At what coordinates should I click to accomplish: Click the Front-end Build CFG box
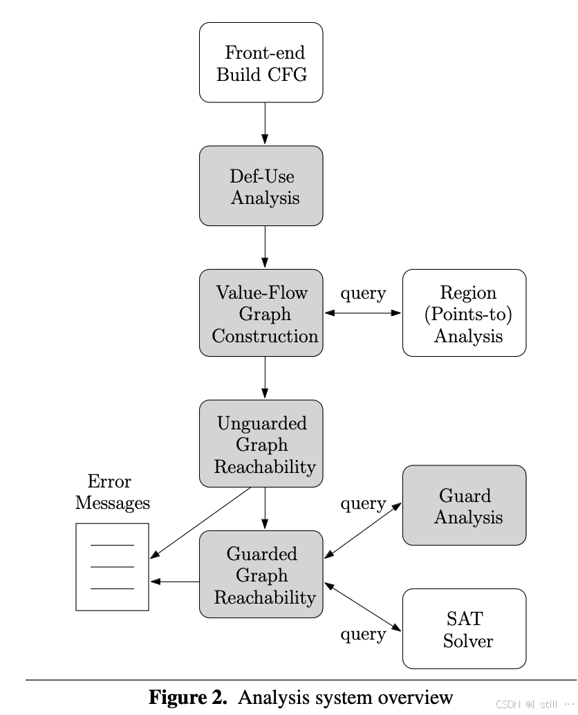click(261, 63)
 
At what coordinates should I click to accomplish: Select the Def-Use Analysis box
click(261, 186)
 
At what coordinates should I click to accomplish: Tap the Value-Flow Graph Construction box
click(261, 313)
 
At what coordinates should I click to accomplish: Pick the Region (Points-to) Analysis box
click(464, 313)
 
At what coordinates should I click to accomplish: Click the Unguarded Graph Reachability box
click(261, 444)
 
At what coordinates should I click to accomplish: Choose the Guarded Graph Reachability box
click(261, 575)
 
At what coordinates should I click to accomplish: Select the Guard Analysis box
click(464, 505)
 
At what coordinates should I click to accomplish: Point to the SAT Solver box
click(464, 629)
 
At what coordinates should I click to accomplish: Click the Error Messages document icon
click(112, 567)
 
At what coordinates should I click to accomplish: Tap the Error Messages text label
click(112, 492)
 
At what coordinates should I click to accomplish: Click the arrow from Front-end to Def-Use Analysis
click(265, 124)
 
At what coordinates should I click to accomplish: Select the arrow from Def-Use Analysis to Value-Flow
click(265, 247)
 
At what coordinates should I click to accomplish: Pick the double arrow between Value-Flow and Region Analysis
click(363, 313)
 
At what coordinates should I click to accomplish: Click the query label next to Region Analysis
click(363, 293)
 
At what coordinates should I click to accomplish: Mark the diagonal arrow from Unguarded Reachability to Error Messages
click(201, 523)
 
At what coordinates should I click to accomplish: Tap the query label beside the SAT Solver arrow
click(363, 633)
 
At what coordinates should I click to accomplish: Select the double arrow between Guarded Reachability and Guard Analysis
click(363, 530)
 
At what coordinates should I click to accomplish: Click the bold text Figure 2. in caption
click(188, 697)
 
